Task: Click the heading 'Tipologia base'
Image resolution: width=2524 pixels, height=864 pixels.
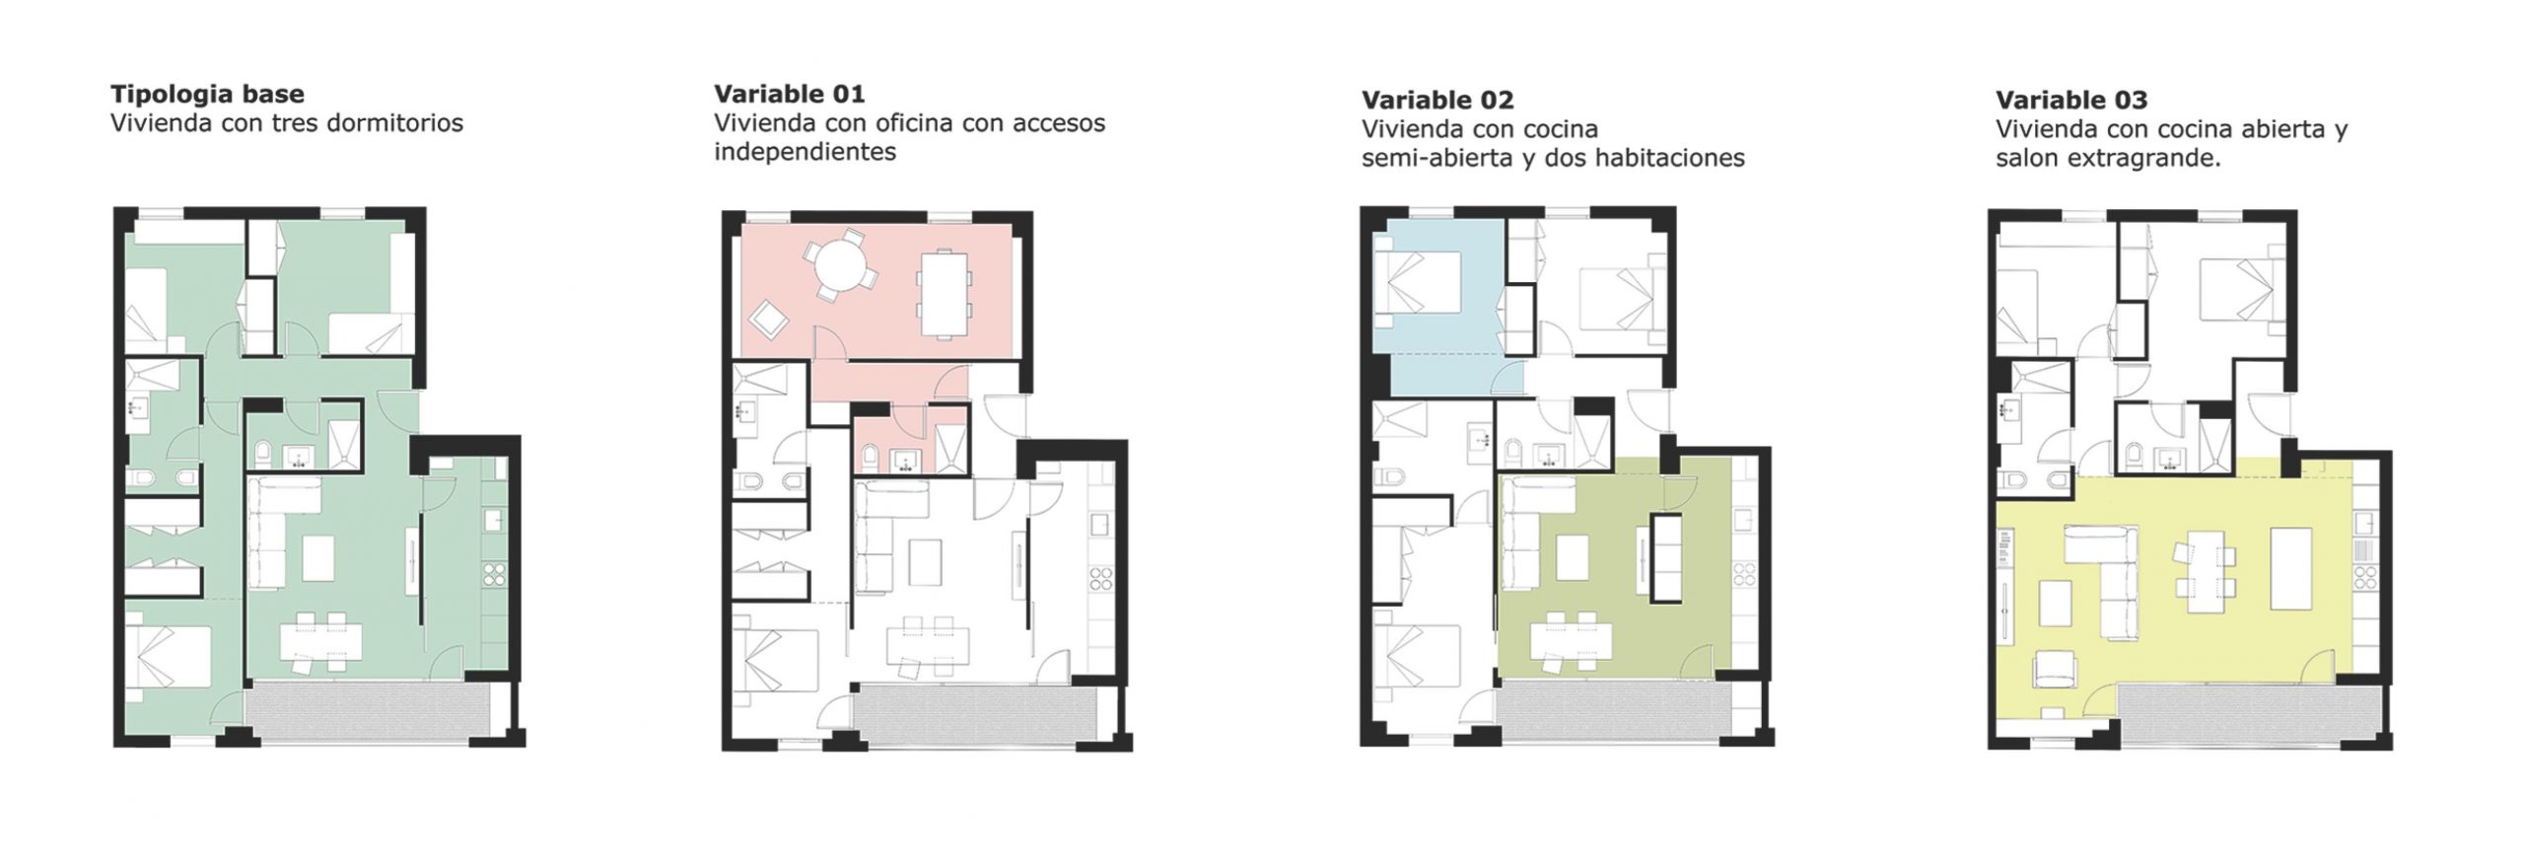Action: pos(207,95)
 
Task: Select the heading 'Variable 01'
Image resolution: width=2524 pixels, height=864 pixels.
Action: pos(790,95)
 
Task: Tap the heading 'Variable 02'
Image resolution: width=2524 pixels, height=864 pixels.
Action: pos(1437,101)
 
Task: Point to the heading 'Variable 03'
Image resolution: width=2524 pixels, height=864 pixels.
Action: pos(2071,101)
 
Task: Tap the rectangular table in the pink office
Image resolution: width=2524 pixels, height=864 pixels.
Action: pos(944,294)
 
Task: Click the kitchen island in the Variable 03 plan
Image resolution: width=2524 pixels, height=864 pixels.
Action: pos(2291,569)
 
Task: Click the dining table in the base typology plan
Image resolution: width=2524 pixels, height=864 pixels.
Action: pos(320,642)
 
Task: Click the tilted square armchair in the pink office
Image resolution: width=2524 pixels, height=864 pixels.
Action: pos(767,321)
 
